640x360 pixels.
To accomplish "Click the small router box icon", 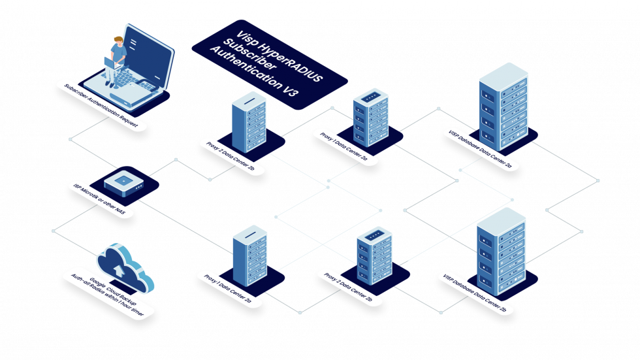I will (124, 182).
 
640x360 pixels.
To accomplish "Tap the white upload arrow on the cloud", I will (118, 267).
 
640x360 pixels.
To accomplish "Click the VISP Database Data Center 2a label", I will (483, 150).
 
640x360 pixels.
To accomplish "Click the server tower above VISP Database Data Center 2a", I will (503, 105).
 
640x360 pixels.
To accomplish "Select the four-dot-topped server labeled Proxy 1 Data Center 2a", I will (371, 117).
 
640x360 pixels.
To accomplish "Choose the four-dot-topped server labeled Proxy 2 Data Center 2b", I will (374, 255).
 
